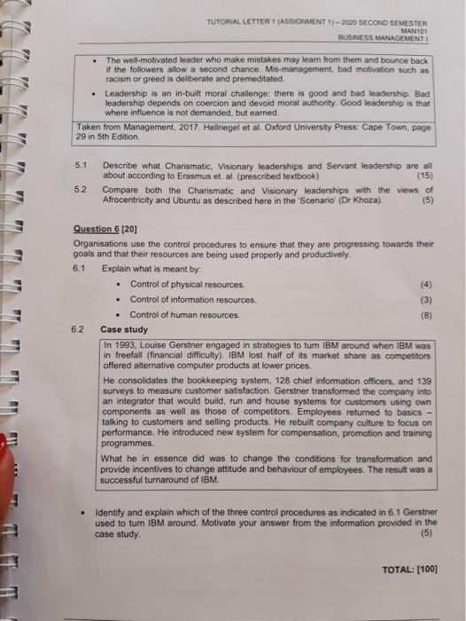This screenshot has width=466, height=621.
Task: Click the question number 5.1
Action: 81,166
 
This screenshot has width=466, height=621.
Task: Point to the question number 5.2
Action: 81,190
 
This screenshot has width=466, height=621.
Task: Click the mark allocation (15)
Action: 421,176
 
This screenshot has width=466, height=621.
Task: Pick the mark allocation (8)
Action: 424,315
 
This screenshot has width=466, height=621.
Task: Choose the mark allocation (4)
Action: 424,284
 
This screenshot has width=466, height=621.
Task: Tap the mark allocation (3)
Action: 424,300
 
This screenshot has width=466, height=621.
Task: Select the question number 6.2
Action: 79,329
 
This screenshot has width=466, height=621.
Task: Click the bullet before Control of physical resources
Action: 118,285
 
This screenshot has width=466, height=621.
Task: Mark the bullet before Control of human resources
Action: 118,316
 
